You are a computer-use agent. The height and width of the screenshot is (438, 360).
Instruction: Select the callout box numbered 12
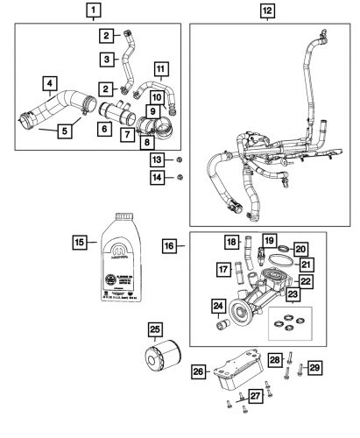pyautogui.click(x=267, y=11)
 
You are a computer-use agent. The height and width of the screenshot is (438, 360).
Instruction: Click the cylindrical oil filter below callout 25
pyautogui.click(x=159, y=376)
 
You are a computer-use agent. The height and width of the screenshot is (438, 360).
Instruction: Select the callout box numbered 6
pyautogui.click(x=104, y=129)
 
